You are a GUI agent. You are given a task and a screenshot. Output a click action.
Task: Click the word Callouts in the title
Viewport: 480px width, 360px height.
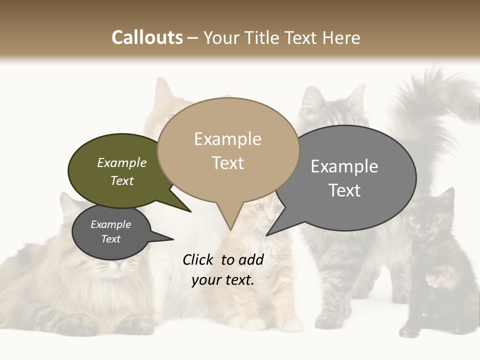[147, 37]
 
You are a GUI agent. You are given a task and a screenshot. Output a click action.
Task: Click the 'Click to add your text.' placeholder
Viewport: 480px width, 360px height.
[223, 270]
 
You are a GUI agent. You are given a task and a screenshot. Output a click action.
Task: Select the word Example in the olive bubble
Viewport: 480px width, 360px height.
[122, 163]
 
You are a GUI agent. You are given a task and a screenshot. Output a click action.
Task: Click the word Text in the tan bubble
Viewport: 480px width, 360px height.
[228, 163]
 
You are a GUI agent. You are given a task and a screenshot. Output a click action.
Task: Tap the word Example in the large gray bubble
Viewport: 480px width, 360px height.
[344, 166]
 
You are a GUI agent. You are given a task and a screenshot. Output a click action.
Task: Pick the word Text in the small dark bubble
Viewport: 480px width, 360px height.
[111, 239]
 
